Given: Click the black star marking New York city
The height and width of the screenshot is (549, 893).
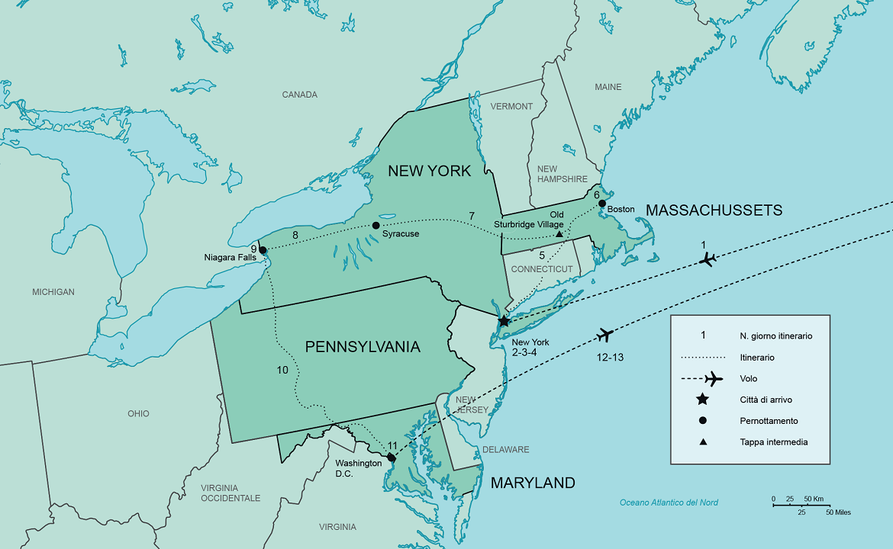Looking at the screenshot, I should tap(504, 321).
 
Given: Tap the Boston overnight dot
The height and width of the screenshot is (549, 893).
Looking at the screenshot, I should tap(602, 204).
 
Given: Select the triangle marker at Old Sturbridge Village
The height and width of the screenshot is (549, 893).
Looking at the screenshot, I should tap(559, 234).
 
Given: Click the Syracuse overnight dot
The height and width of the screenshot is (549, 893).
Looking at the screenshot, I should tap(376, 226).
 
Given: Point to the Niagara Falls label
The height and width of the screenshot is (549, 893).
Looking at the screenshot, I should tap(231, 258).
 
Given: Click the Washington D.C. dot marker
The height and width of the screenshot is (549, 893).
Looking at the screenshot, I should tap(392, 457).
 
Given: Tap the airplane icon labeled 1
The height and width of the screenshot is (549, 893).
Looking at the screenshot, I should tap(708, 260).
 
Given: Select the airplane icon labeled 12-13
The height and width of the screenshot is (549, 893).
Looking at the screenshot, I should tap(606, 335).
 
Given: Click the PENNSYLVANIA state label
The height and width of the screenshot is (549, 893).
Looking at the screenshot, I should tap(363, 347).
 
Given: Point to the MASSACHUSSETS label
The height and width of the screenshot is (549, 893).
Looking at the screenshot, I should tap(714, 210).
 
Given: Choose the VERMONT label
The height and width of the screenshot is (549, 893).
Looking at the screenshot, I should tap(511, 106).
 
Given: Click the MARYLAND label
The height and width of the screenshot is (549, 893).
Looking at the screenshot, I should tap(532, 483).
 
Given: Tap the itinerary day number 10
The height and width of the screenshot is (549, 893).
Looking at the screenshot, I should tap(282, 370).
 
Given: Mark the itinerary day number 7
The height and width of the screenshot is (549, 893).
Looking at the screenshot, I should tap(472, 215).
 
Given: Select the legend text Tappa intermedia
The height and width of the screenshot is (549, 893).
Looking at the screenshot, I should tap(773, 442).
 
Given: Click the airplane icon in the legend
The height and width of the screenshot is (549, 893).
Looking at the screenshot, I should tap(714, 378).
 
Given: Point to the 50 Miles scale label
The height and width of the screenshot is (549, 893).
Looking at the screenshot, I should tap(838, 512).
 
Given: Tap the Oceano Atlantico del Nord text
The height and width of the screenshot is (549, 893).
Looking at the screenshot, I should tap(669, 502).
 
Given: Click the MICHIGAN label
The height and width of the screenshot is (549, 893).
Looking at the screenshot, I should tap(53, 292).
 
